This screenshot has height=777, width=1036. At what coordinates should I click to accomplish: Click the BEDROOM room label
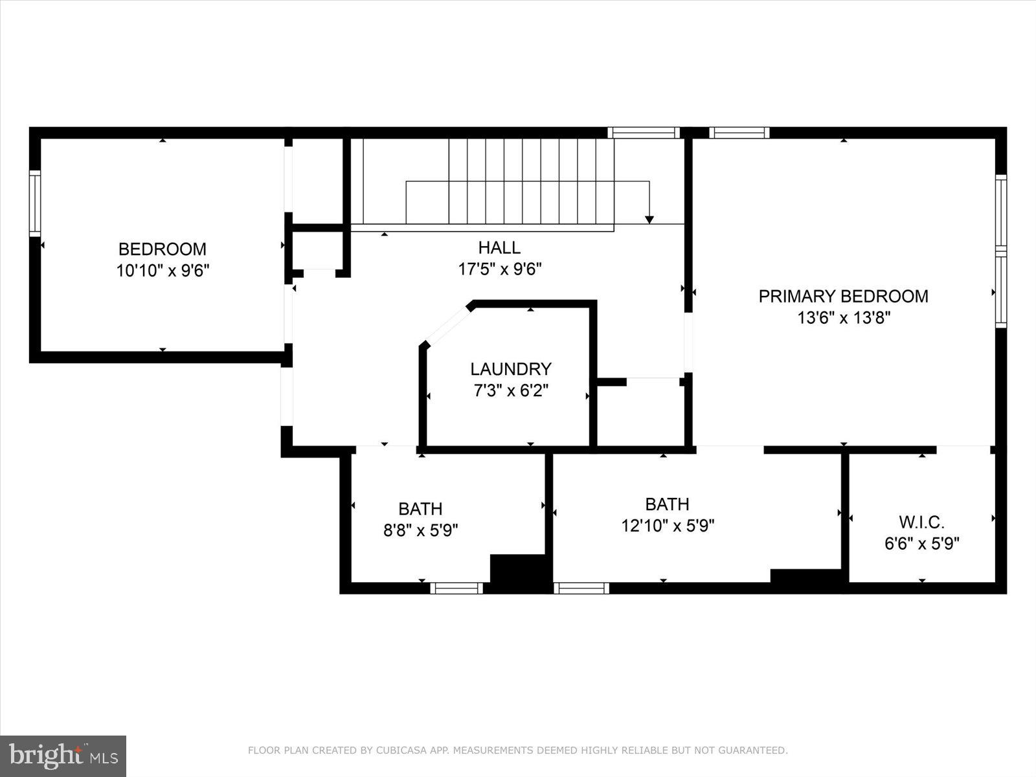tap(162, 249)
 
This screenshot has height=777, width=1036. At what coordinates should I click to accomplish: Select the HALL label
tap(499, 247)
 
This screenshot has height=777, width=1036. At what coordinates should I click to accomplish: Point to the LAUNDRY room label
tap(510, 369)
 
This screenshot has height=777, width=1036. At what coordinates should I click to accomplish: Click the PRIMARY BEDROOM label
tap(843, 297)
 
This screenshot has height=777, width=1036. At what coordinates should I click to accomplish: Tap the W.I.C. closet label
tap(921, 522)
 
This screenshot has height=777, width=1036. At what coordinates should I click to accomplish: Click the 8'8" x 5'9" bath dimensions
tap(421, 531)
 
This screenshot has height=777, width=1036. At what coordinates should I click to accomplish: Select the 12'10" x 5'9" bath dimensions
tap(667, 526)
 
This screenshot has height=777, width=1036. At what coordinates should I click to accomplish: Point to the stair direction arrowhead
tap(649, 220)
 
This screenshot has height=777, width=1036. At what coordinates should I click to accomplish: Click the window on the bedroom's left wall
tap(35, 203)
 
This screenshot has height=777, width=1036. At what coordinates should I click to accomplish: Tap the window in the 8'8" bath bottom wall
tap(456, 588)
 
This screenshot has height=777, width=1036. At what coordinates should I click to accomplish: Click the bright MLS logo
tap(63, 756)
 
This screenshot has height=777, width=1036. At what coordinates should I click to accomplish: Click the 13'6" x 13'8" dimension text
tap(843, 318)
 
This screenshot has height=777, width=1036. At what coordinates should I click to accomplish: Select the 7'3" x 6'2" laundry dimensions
tap(510, 391)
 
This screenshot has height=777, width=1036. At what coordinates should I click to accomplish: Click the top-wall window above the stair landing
tap(644, 133)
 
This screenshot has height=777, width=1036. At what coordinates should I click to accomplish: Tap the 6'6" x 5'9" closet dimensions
tap(921, 543)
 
